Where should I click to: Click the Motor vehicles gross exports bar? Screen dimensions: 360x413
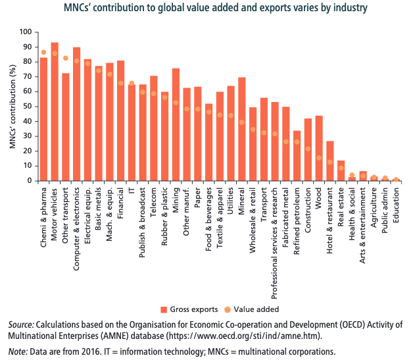(x=55, y=112)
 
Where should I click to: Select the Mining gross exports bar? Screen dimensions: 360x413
(x=176, y=125)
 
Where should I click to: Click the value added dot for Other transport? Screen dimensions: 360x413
(x=66, y=58)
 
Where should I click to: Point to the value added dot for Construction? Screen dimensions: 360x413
(x=308, y=149)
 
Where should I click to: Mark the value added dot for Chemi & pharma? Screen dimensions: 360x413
(x=43, y=52)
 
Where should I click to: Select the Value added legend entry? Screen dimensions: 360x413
(x=253, y=309)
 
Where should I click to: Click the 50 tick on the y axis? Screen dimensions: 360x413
(x=27, y=107)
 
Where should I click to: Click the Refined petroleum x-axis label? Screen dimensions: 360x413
(x=297, y=223)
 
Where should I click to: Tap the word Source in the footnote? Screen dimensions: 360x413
(x=22, y=325)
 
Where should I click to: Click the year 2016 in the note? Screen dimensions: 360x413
(x=91, y=351)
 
